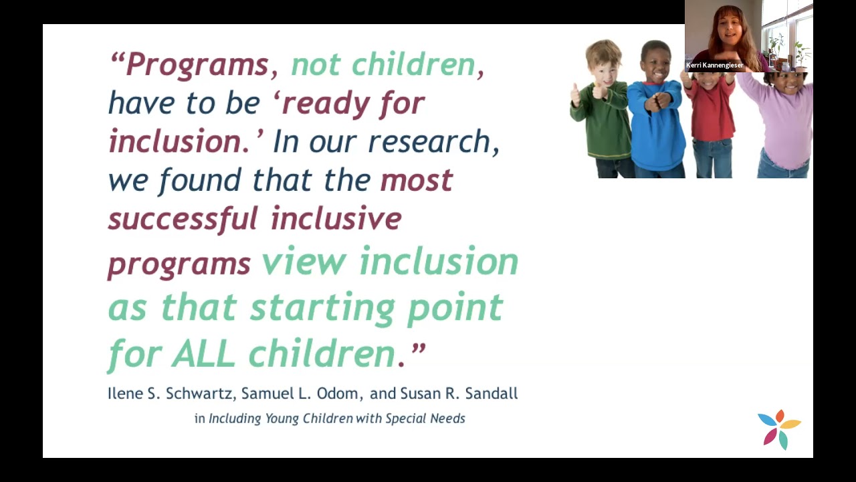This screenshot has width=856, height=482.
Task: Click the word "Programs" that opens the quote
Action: (197, 65)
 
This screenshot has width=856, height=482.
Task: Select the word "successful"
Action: (183, 218)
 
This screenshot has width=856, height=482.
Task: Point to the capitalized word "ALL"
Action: (203, 353)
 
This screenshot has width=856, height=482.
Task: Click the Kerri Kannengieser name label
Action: (714, 66)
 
